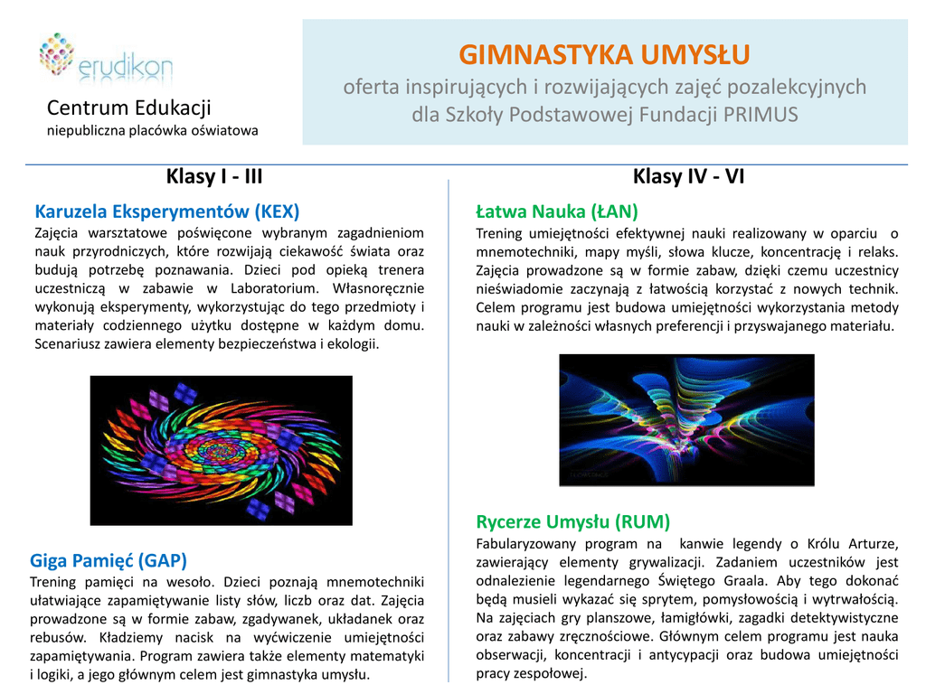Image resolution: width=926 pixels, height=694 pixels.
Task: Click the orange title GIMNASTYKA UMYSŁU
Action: [604, 55]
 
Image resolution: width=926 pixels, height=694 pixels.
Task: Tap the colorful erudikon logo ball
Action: [57, 53]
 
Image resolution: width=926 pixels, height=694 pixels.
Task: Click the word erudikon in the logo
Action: [125, 67]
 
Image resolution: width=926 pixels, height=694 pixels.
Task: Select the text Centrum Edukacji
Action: [128, 108]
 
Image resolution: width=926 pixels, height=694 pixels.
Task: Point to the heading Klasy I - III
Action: [214, 176]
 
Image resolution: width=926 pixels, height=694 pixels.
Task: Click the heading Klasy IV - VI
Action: [688, 176]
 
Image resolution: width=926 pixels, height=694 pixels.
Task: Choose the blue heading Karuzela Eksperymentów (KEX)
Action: [167, 211]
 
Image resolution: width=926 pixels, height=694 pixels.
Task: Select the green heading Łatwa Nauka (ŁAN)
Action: [557, 211]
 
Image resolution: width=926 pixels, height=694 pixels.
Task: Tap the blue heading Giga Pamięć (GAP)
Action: [109, 560]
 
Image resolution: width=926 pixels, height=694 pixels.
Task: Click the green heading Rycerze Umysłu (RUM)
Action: [572, 521]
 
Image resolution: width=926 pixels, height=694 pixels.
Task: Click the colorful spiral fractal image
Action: [222, 450]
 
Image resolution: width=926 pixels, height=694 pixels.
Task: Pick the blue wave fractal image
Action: [687, 420]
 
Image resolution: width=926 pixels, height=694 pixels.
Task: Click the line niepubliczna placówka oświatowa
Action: [152, 130]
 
